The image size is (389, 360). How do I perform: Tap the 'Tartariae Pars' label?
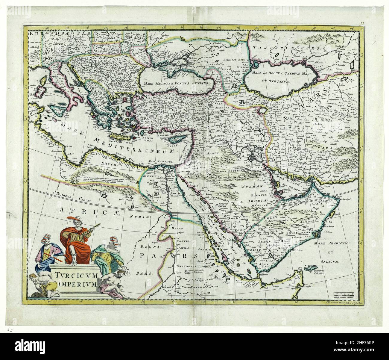coord(286,48)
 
